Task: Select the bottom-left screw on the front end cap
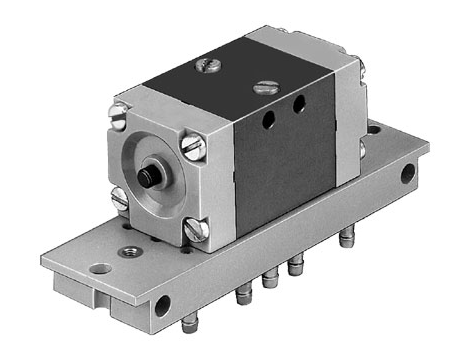click(x=119, y=196)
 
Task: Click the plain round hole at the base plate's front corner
click(x=97, y=269)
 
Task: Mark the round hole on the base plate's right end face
click(x=407, y=175)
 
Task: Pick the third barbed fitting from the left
click(x=294, y=267)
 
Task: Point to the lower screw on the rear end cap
click(x=361, y=150)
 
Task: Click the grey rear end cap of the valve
click(x=345, y=110)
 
